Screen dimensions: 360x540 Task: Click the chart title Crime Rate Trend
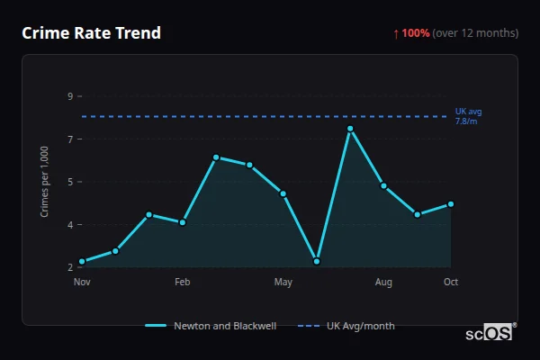pyautogui.click(x=91, y=33)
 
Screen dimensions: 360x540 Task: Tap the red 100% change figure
pyautogui.click(x=416, y=33)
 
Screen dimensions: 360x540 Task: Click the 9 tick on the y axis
pyautogui.click(x=69, y=95)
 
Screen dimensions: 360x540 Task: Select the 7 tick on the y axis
pyautogui.click(x=69, y=139)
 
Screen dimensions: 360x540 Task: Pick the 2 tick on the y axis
pyautogui.click(x=69, y=267)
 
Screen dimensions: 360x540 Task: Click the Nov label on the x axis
pyautogui.click(x=82, y=283)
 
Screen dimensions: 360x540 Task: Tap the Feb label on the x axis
pyautogui.click(x=183, y=283)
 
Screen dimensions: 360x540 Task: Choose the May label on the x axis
pyautogui.click(x=283, y=283)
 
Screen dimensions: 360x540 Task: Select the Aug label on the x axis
pyautogui.click(x=383, y=283)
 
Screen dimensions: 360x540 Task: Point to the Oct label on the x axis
pyautogui.click(x=451, y=283)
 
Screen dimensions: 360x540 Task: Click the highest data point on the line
pyautogui.click(x=350, y=129)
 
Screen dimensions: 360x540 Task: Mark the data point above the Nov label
pyautogui.click(x=82, y=262)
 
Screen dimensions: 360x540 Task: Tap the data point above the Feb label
pyautogui.click(x=183, y=222)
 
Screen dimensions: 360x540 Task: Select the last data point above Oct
pyautogui.click(x=451, y=204)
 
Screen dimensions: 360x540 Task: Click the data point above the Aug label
pyautogui.click(x=383, y=186)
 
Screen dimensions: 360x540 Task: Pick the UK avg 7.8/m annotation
pyautogui.click(x=468, y=116)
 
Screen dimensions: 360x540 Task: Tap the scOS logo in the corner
pyautogui.click(x=490, y=333)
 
